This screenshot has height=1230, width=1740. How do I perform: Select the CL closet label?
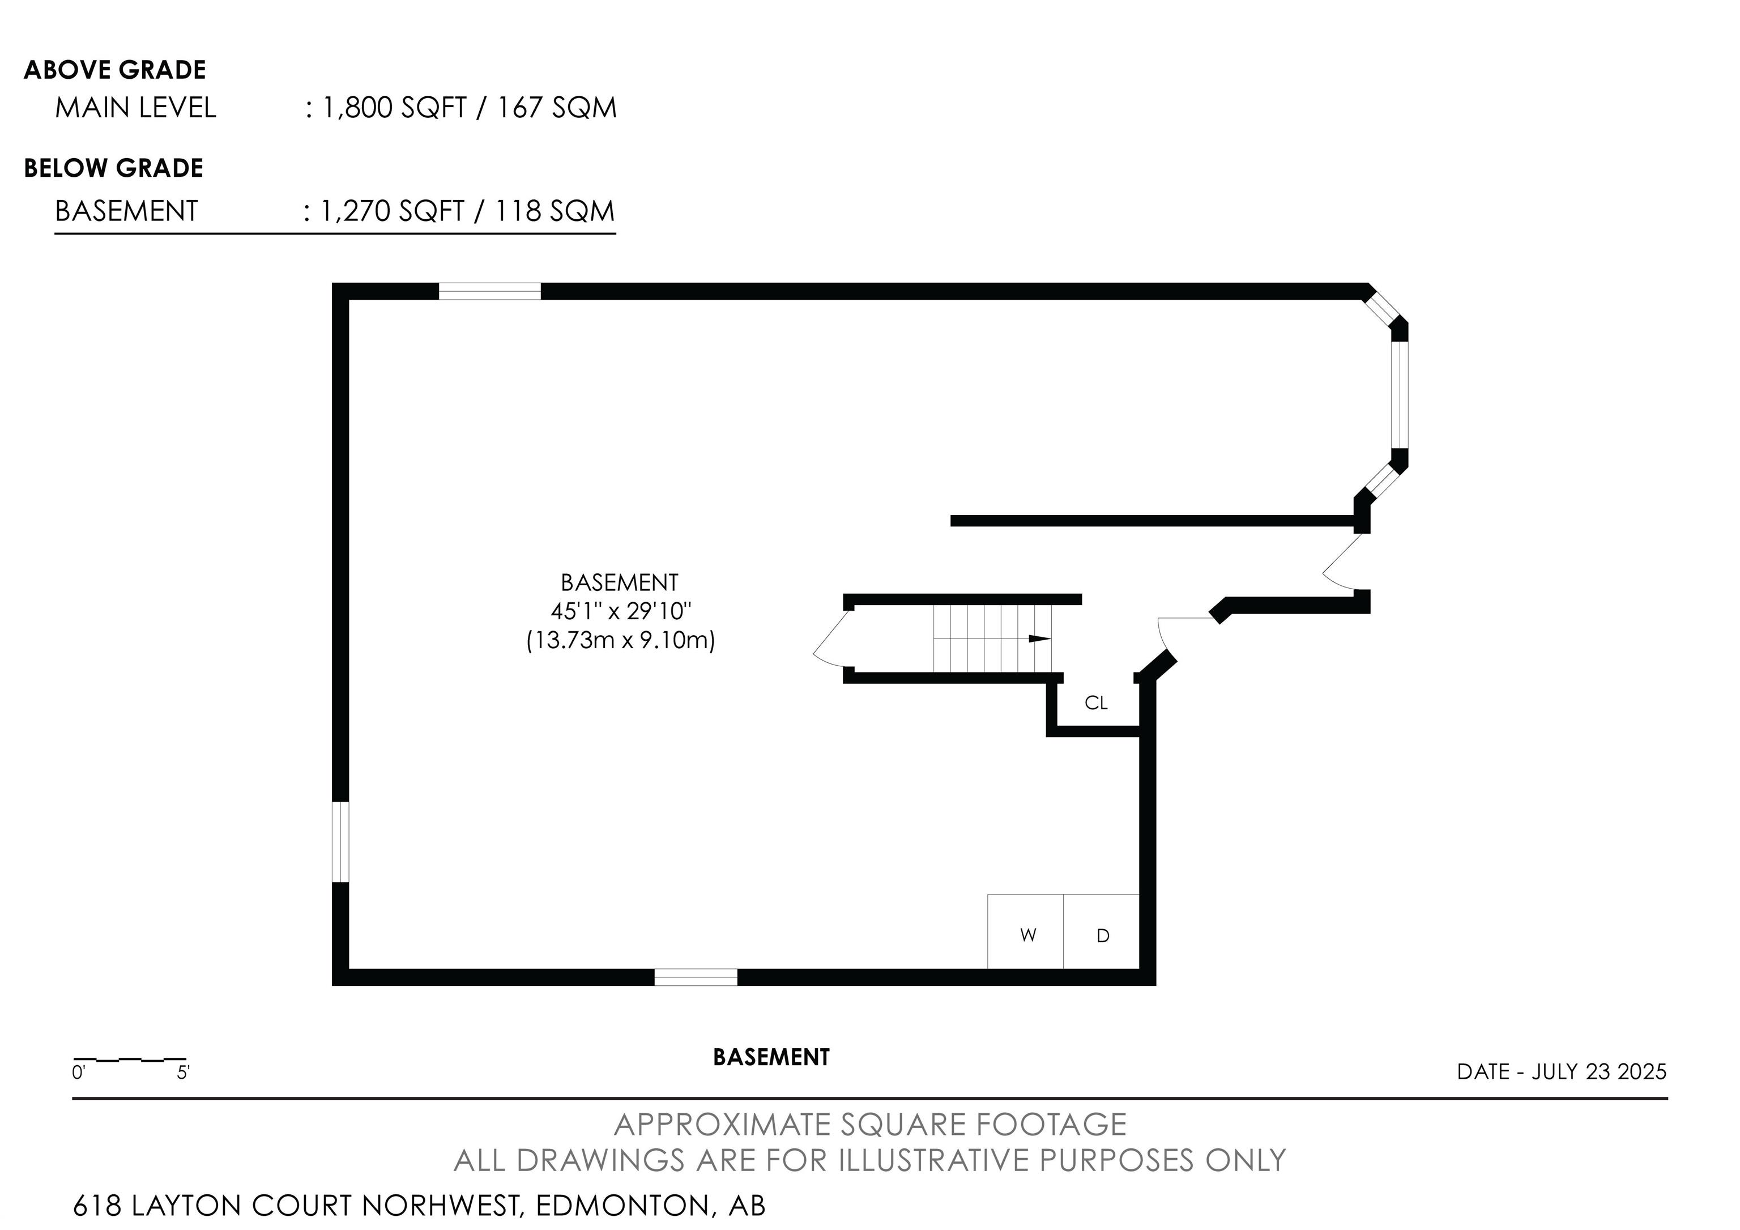1096,703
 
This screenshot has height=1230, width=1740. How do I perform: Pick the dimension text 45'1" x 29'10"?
621,611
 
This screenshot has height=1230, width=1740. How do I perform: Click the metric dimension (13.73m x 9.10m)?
621,640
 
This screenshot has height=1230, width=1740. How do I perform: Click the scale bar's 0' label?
79,1073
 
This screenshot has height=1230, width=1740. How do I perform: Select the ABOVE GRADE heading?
115,70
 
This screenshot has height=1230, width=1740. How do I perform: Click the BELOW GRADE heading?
114,168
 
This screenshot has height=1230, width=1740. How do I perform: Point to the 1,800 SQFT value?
394,108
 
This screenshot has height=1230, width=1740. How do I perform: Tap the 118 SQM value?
555,211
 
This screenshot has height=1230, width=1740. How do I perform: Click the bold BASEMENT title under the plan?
771,1057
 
